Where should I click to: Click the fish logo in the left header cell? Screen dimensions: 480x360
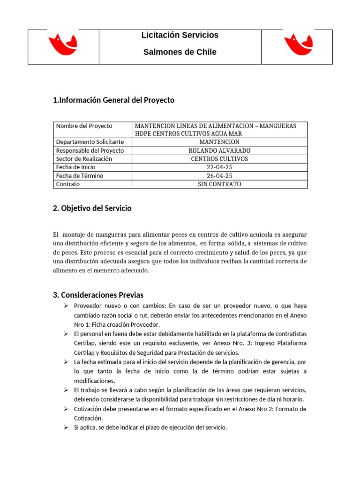click(63, 45)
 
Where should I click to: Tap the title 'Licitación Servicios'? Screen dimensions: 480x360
click(180, 35)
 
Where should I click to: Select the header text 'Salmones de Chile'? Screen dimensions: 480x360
click(180, 52)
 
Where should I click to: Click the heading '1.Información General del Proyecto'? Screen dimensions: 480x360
click(114, 100)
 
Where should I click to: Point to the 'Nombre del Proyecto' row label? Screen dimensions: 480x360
click(84, 126)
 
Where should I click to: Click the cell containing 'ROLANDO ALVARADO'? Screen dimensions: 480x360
click(219, 150)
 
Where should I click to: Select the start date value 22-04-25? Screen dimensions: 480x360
click(219, 167)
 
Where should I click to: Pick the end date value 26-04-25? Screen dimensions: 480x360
click(219, 176)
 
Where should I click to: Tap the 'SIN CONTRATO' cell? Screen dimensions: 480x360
click(219, 184)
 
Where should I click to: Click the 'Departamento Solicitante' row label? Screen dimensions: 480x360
click(90, 142)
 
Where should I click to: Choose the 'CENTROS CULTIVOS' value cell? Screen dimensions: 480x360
click(219, 159)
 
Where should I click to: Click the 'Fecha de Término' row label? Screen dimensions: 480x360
click(80, 176)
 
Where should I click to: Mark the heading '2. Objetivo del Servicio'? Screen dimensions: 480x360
click(92, 209)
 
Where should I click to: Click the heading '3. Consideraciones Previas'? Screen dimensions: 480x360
click(98, 295)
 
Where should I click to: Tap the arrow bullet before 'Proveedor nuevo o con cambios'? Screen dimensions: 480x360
click(66, 306)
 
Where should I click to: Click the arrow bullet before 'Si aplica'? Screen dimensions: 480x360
click(66, 427)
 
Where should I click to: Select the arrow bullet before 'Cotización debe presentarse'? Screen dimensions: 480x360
click(66, 409)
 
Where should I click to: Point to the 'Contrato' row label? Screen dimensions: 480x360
click(68, 184)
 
